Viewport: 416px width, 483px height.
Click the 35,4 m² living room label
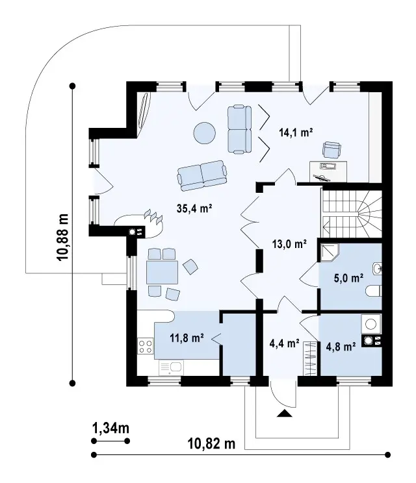click(194, 208)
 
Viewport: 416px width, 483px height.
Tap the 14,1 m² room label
click(296, 132)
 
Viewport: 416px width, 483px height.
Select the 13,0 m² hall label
click(289, 244)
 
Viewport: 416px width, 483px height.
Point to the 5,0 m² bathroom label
click(348, 278)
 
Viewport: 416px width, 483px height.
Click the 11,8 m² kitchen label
click(187, 338)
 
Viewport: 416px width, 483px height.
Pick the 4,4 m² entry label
click(284, 343)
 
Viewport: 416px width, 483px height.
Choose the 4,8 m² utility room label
click(341, 347)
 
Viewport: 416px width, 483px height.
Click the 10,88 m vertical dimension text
click(62, 237)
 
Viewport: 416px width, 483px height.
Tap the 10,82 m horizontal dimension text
click(211, 444)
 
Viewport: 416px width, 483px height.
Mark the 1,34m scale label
click(110, 428)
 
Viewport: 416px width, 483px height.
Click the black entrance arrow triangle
click(284, 414)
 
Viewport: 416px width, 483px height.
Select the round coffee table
click(205, 133)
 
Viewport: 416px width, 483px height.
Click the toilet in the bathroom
click(374, 291)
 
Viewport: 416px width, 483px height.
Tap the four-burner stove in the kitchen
click(146, 345)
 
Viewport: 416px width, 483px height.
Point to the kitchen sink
click(172, 368)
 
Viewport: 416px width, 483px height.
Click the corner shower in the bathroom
click(330, 253)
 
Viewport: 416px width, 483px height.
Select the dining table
click(162, 272)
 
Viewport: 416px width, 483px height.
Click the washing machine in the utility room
click(371, 324)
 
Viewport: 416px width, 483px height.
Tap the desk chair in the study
click(331, 149)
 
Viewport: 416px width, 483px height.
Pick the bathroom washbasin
click(378, 269)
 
